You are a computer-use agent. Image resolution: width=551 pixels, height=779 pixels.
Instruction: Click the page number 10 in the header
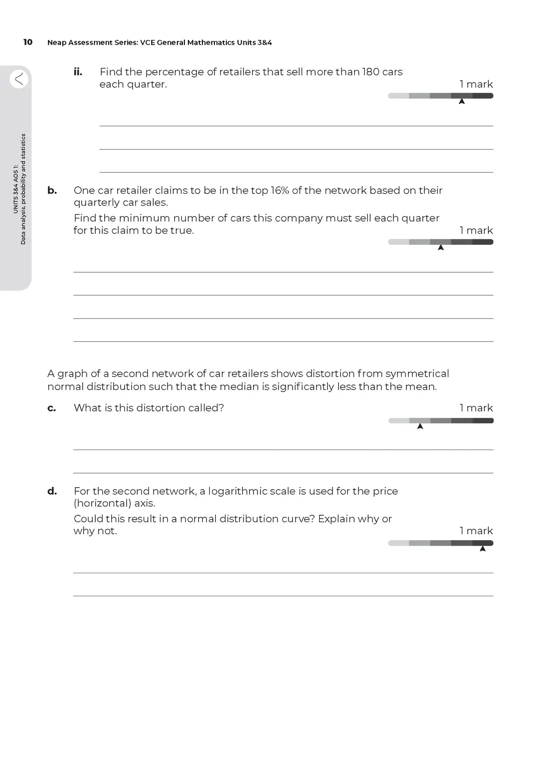(x=28, y=42)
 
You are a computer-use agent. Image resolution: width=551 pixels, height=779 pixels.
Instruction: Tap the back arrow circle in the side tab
(x=19, y=79)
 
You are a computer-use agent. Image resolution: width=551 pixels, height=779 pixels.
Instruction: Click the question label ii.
(x=78, y=72)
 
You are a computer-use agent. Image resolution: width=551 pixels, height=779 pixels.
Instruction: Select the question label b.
(x=52, y=190)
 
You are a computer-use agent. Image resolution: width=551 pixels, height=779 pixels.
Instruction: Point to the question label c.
(x=52, y=408)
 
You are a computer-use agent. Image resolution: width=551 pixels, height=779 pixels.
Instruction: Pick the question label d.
(x=52, y=491)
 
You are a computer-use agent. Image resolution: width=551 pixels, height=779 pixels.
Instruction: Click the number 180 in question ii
(x=371, y=72)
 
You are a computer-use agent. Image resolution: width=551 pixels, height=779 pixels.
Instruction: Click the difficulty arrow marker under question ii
(x=462, y=101)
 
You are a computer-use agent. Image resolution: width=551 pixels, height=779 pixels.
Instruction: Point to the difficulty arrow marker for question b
(x=441, y=247)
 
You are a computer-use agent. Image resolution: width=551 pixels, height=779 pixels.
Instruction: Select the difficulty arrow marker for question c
(x=420, y=426)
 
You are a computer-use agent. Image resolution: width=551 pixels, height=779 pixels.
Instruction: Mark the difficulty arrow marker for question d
(x=483, y=549)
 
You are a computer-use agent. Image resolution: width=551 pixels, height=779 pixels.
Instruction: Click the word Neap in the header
(x=57, y=43)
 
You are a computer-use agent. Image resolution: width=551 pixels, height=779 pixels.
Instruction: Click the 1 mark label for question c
(x=476, y=408)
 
